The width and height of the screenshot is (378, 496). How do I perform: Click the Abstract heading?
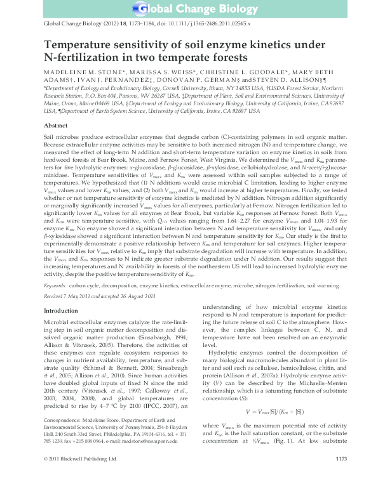[55, 126]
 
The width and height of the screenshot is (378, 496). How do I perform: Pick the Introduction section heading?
[60, 311]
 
